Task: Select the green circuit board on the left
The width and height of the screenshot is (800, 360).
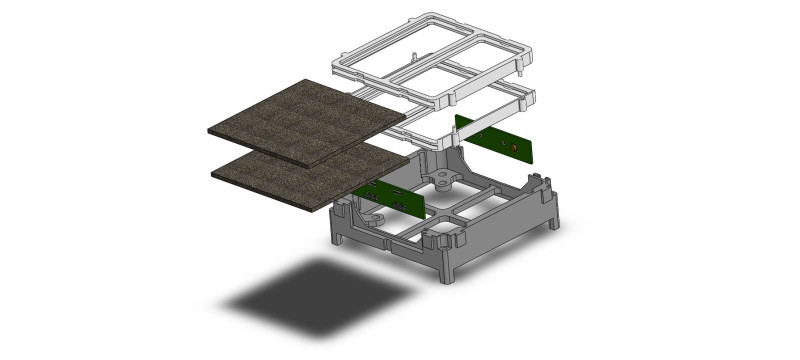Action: click(390, 199)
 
